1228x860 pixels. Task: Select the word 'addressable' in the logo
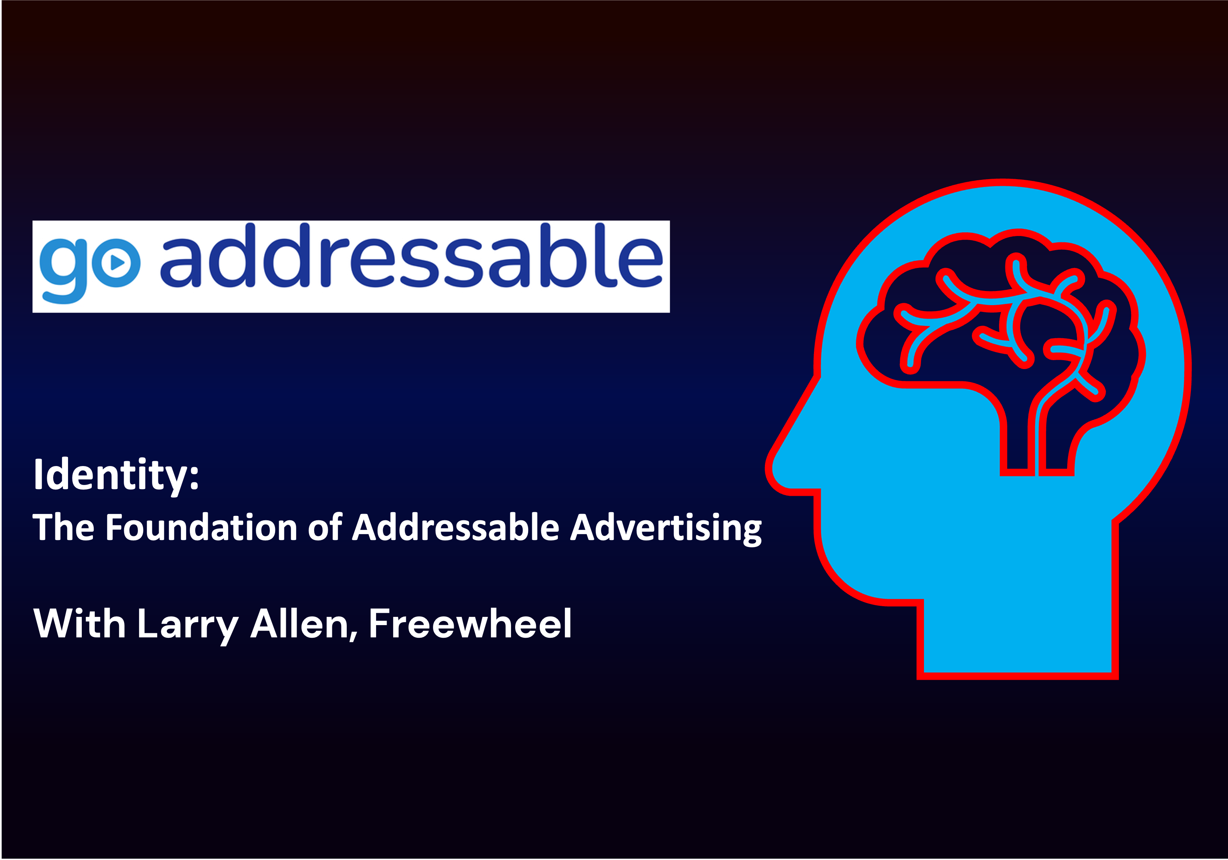pos(411,256)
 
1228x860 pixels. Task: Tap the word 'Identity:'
pos(116,475)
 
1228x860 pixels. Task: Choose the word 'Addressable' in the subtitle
pos(456,527)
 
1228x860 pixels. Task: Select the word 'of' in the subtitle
pos(325,527)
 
